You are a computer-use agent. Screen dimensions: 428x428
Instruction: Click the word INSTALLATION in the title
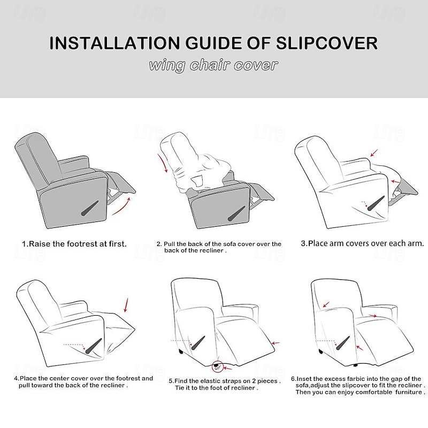tap(114, 43)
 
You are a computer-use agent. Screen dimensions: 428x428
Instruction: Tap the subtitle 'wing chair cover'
tap(213, 66)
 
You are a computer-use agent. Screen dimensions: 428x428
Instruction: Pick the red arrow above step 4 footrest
tap(127, 305)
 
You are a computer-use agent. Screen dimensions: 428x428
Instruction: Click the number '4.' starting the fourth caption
tap(17, 379)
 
